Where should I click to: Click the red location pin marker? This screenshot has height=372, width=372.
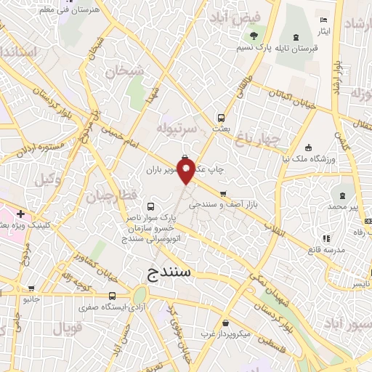[x=186, y=174]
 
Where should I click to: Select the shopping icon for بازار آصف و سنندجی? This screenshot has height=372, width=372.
[x=222, y=194]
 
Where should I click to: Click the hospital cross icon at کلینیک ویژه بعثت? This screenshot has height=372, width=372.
[x=21, y=214]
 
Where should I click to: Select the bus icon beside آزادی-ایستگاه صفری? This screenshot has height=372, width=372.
[x=112, y=296]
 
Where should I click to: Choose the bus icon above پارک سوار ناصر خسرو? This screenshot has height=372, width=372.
[x=150, y=206]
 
